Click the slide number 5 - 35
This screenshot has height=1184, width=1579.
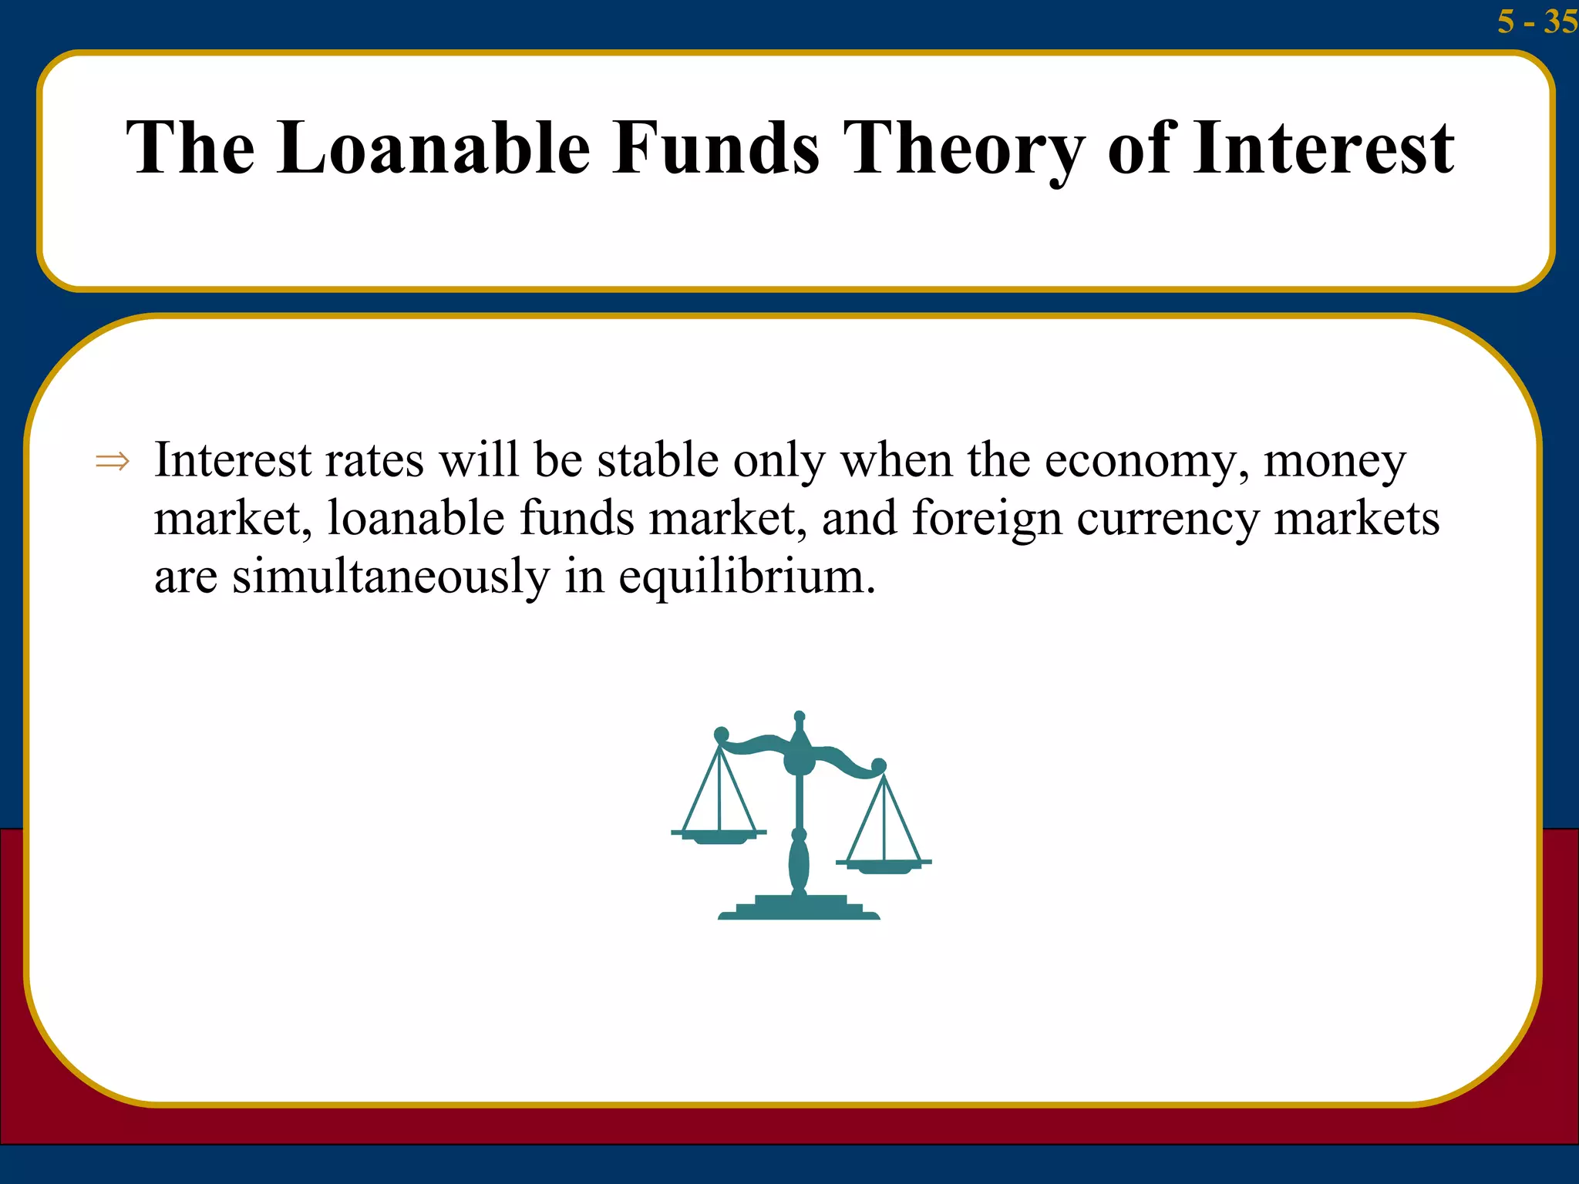(x=1536, y=21)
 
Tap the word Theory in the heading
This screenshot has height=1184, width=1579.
(x=964, y=149)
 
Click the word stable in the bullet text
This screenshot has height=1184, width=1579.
(x=658, y=460)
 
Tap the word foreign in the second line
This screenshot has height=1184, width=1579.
(x=987, y=518)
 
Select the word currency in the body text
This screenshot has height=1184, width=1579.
(x=1167, y=520)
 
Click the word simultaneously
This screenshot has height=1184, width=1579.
(x=390, y=577)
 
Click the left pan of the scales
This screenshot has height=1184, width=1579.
(x=719, y=836)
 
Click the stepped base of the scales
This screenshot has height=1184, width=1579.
(x=799, y=907)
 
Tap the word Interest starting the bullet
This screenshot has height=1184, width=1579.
(x=233, y=460)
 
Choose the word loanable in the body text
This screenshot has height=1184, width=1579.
(x=416, y=518)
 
